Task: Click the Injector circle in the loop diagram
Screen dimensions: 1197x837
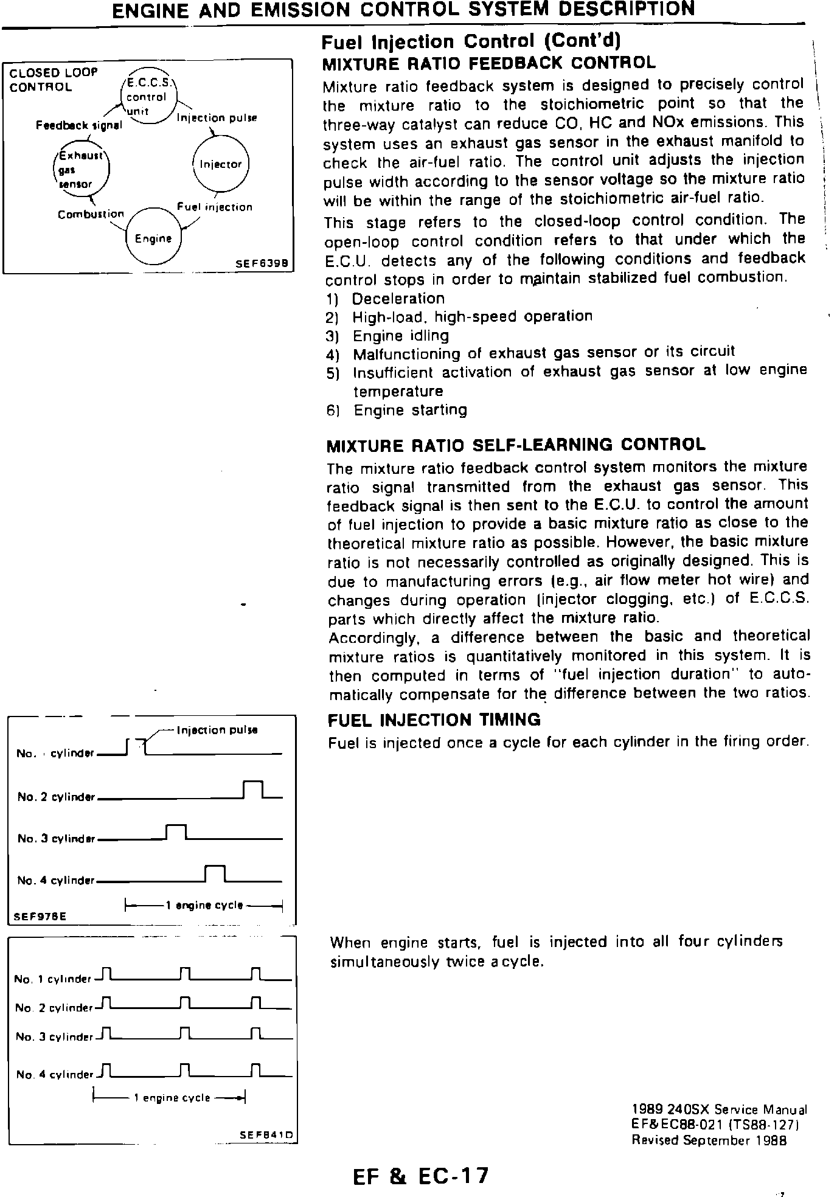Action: (x=220, y=164)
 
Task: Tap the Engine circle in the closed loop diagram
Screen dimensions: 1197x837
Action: (x=153, y=238)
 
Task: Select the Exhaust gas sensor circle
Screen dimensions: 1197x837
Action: (x=82, y=170)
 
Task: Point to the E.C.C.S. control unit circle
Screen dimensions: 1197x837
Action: (x=148, y=97)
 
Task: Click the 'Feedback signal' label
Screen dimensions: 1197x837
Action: (x=78, y=125)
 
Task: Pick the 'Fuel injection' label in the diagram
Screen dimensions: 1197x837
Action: (x=214, y=207)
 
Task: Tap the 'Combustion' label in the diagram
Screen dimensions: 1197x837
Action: (x=91, y=214)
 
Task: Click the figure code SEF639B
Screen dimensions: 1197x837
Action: (x=265, y=265)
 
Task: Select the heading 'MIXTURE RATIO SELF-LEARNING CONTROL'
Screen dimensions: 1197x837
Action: (x=516, y=445)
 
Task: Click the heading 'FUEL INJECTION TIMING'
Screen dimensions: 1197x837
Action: (x=434, y=720)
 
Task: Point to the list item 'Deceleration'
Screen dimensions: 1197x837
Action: (x=398, y=299)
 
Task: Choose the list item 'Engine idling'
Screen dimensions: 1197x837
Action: (x=401, y=336)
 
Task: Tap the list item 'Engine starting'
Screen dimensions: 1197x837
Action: (x=411, y=411)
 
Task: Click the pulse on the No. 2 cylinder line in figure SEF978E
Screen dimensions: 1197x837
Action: (x=252, y=789)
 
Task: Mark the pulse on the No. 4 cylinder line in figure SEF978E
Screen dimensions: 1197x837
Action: (x=215, y=872)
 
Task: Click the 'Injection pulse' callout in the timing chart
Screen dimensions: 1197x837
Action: (x=217, y=730)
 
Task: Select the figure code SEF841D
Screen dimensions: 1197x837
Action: (x=266, y=1134)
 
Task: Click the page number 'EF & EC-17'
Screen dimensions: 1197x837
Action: (x=420, y=1176)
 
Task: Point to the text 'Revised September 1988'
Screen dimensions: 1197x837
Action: (x=709, y=1140)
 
